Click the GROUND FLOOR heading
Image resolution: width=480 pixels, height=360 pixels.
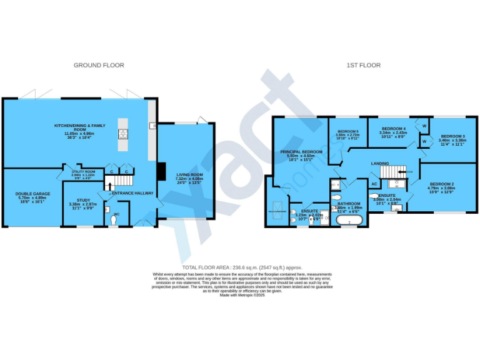[x=99, y=65]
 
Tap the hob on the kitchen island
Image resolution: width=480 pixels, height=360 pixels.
[x=122, y=132]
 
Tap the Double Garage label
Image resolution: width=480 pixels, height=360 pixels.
[x=32, y=194]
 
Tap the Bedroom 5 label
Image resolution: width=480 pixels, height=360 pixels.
[x=347, y=131]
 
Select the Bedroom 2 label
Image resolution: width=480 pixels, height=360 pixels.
[x=440, y=184]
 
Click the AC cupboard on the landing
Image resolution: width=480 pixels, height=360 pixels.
[x=374, y=184]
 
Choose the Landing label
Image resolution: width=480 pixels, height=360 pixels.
[x=380, y=164]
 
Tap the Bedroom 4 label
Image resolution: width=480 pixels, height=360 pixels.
[x=394, y=128]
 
